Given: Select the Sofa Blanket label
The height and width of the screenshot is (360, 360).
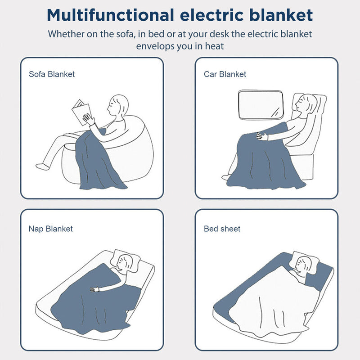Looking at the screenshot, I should click(x=52, y=74).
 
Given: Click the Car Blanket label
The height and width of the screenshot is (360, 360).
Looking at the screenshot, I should click(x=225, y=74).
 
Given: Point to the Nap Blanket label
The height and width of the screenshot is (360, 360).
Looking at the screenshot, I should click(x=50, y=229).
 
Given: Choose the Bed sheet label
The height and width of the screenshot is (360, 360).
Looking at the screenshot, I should click(x=222, y=229).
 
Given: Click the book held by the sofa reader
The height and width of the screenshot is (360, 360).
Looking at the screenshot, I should click(x=81, y=112).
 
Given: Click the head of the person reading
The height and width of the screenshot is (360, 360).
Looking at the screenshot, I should click(x=118, y=105).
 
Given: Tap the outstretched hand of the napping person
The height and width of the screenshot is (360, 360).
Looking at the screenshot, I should click(x=93, y=289).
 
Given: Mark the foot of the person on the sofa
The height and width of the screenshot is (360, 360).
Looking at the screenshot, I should click(x=42, y=166).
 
